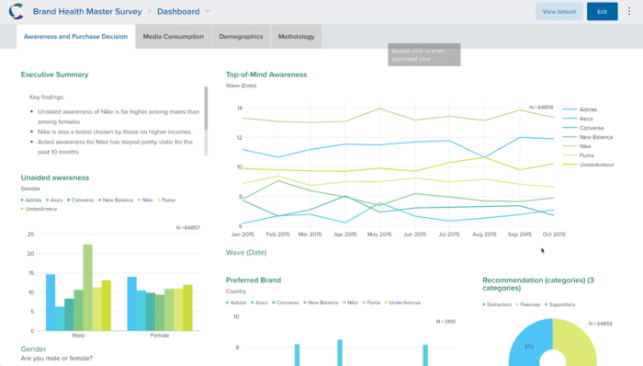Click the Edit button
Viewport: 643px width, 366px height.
(x=602, y=12)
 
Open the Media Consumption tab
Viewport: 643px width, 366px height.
(x=173, y=37)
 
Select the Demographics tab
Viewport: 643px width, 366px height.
(x=241, y=37)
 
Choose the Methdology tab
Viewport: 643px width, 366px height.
(x=297, y=37)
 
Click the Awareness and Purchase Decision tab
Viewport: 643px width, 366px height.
(x=75, y=37)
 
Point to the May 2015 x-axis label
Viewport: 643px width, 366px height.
(x=379, y=234)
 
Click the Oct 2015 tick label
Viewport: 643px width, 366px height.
(x=554, y=234)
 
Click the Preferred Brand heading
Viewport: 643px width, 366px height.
(x=254, y=280)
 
